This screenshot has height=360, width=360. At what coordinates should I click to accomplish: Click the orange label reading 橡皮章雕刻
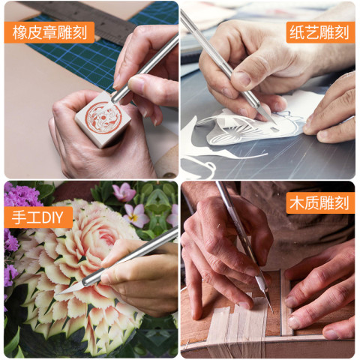[x=49, y=32]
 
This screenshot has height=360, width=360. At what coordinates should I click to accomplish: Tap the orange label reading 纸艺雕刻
[x=320, y=32]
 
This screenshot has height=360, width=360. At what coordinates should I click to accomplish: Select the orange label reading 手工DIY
[x=38, y=217]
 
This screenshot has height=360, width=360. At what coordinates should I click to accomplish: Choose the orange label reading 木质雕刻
[x=320, y=202]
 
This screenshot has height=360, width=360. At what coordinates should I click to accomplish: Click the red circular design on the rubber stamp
[x=103, y=117]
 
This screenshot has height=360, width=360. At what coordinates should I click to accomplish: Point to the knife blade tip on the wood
[x=271, y=310]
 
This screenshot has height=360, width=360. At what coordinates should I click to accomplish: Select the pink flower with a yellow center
[x=136, y=216]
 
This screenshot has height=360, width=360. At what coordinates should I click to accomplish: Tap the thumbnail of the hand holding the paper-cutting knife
[x=241, y=79]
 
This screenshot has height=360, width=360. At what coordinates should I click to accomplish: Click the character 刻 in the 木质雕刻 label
[x=341, y=203]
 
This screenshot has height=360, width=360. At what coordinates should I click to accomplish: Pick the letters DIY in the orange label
[x=52, y=217]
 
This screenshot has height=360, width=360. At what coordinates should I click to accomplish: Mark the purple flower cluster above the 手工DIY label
[x=21, y=196]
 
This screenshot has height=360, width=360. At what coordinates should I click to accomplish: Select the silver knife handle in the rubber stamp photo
[x=145, y=69]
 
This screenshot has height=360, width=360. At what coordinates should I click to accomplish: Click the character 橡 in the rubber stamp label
[x=19, y=32]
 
